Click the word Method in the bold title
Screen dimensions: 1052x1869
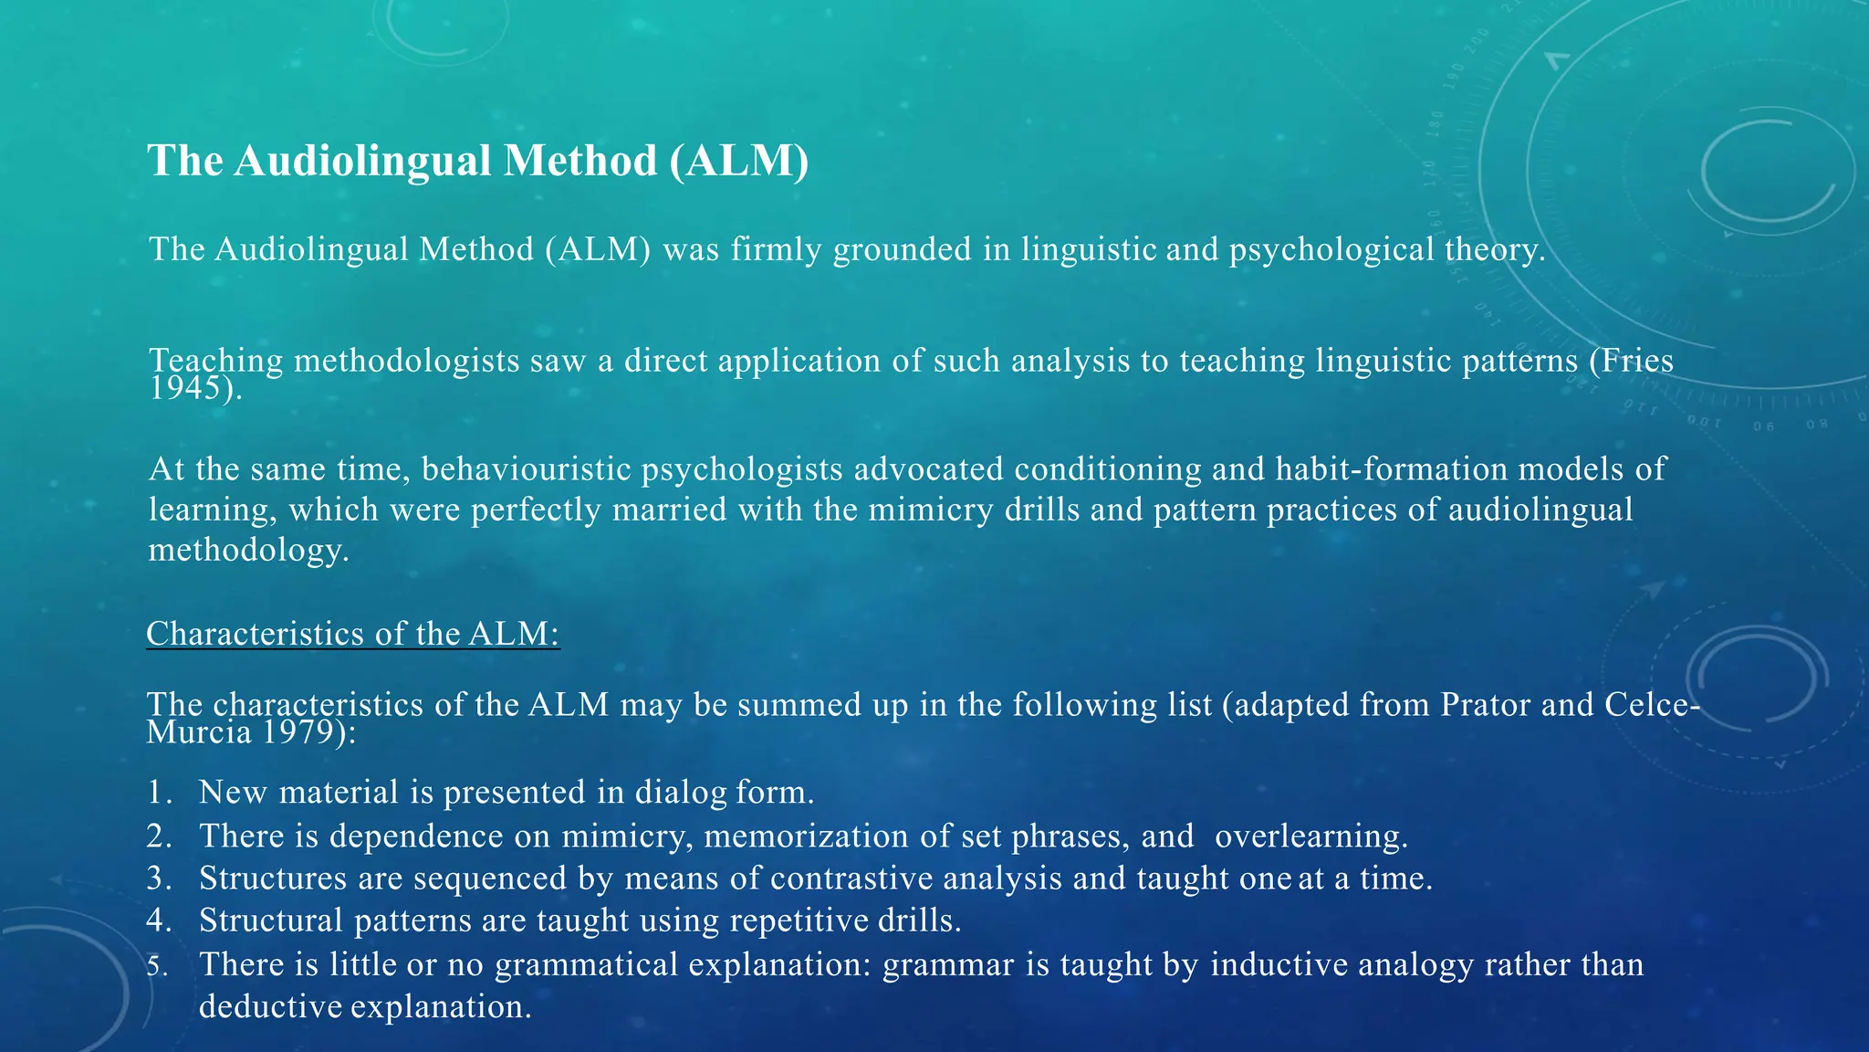pos(579,161)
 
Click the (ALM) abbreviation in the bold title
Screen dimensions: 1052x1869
pos(739,161)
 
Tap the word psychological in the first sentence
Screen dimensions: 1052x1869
pos(1331,249)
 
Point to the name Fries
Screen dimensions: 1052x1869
pos(1639,361)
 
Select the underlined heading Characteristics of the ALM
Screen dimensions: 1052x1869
pos(352,634)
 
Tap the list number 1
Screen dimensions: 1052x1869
pos(159,793)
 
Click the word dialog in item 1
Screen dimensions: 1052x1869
pos(681,793)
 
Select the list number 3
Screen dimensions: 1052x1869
pos(159,878)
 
